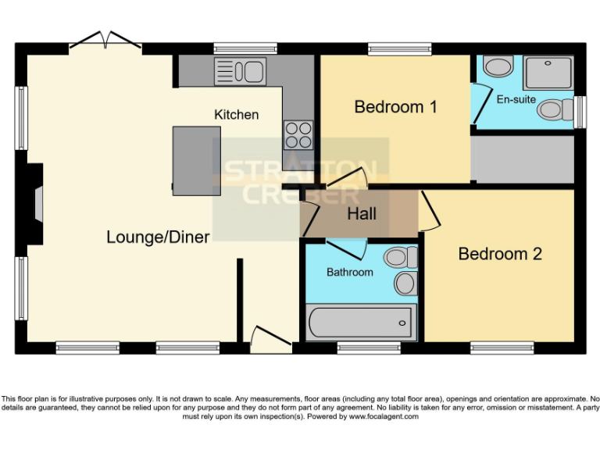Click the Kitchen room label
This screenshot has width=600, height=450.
click(x=236, y=115)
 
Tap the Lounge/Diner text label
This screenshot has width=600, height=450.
click(x=158, y=237)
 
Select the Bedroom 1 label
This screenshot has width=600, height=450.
click(x=395, y=107)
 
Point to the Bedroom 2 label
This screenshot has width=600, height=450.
click(x=500, y=254)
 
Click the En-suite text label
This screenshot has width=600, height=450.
click(x=516, y=100)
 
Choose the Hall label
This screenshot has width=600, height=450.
click(x=362, y=214)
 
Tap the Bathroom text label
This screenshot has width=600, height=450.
click(x=349, y=273)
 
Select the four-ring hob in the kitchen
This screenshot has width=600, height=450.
click(x=298, y=134)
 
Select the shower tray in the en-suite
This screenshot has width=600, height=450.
click(x=548, y=73)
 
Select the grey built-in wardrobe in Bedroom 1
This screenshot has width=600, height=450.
click(x=523, y=159)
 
